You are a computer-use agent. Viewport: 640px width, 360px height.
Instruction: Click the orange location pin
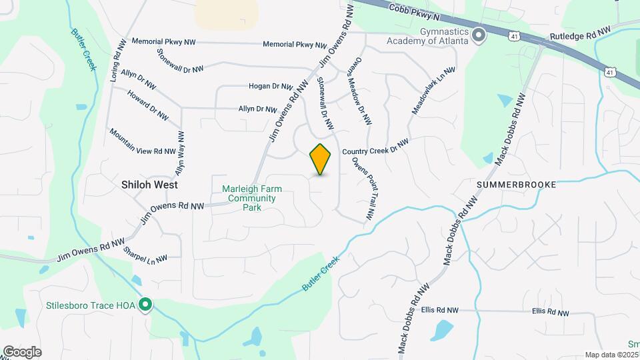[x=321, y=159]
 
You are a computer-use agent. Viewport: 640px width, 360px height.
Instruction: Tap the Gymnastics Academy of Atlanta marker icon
[x=478, y=35]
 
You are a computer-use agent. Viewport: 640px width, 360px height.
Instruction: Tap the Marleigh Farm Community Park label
[x=251, y=198]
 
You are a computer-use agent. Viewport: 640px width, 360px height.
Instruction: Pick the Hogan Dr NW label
[x=271, y=86]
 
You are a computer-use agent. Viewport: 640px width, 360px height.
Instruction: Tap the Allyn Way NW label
[x=179, y=153]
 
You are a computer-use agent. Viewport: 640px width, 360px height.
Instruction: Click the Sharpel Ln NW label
[x=145, y=254]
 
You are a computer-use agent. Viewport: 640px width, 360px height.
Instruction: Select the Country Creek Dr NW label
[x=374, y=147]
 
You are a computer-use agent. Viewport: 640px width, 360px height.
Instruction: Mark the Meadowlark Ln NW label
[x=433, y=90]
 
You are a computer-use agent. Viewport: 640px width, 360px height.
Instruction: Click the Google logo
[x=22, y=351]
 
